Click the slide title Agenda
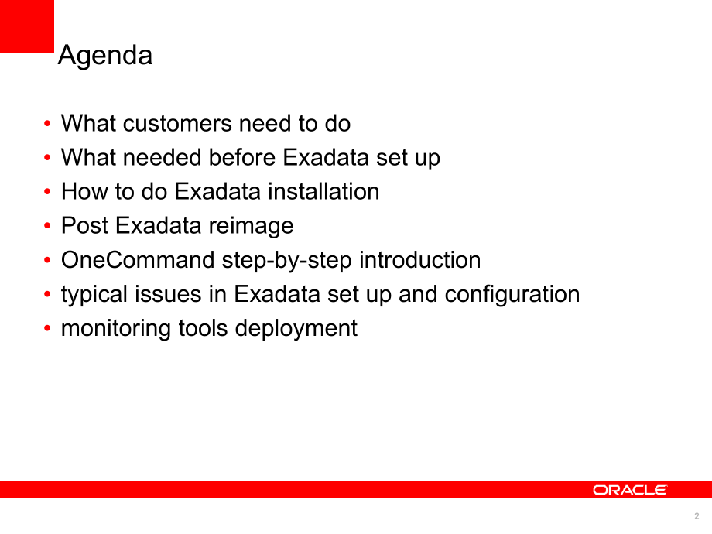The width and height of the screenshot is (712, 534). (105, 56)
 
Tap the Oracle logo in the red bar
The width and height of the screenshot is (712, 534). (630, 490)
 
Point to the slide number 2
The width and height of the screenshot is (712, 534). (697, 516)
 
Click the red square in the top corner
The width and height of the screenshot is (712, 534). (27, 26)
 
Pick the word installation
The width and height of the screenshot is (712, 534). (323, 191)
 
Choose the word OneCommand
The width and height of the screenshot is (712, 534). (138, 260)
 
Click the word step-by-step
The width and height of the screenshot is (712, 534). (286, 261)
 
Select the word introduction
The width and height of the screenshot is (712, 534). (419, 260)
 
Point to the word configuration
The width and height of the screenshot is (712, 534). (512, 295)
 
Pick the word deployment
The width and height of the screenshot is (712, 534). (296, 329)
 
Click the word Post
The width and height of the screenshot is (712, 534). (85, 226)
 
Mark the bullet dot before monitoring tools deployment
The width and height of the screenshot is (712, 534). (47, 328)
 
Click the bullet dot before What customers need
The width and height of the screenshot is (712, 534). (47, 124)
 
